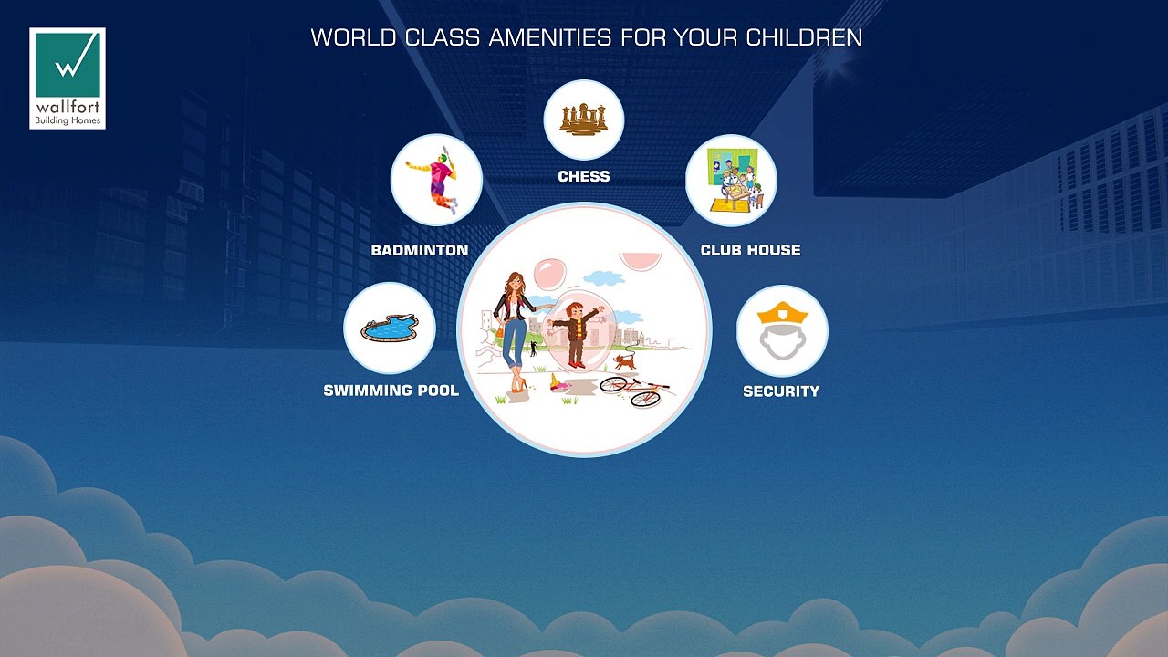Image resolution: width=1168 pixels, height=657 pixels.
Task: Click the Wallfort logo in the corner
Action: (68, 78)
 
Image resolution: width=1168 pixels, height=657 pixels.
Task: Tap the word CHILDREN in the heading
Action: (804, 37)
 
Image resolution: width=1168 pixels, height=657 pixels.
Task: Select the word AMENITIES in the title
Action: (550, 37)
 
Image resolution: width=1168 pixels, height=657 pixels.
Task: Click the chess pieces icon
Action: (584, 120)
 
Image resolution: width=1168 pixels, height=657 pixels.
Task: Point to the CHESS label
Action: (584, 176)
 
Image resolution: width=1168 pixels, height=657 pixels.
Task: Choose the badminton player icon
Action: (436, 180)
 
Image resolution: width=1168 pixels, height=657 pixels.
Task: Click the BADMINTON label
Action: (420, 250)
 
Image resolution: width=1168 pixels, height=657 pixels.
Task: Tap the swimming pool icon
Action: (390, 328)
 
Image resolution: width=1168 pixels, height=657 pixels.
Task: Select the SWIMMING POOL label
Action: (391, 391)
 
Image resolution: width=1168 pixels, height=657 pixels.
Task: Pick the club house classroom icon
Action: (732, 181)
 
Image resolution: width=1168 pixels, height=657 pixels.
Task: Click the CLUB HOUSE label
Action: (750, 250)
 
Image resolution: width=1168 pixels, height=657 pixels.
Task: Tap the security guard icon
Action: (782, 330)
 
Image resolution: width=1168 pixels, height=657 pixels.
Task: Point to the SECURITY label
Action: (781, 391)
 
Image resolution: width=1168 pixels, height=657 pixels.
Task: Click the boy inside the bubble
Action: (575, 334)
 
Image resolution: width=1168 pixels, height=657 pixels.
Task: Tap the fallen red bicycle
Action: (635, 391)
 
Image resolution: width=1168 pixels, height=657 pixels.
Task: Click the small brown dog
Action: (625, 360)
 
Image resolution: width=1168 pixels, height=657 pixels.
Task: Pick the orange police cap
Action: (782, 313)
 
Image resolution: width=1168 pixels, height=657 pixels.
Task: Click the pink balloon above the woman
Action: (549, 275)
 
